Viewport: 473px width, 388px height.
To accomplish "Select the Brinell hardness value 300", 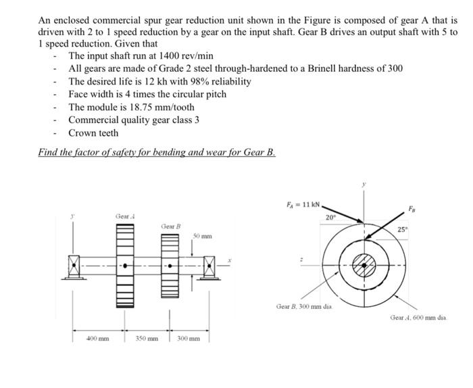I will click(x=394, y=68).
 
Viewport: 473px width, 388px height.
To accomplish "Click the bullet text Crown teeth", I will click(x=93, y=132).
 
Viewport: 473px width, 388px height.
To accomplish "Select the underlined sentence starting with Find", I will click(x=157, y=152).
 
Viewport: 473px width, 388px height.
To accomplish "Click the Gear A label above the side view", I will click(x=124, y=216).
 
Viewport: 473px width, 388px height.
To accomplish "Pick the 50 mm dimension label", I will click(x=203, y=237).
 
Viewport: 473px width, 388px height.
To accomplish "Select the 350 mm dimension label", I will click(x=147, y=337).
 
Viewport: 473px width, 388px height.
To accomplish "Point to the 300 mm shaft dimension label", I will click(x=189, y=337).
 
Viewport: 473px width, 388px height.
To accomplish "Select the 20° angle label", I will click(x=330, y=217).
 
